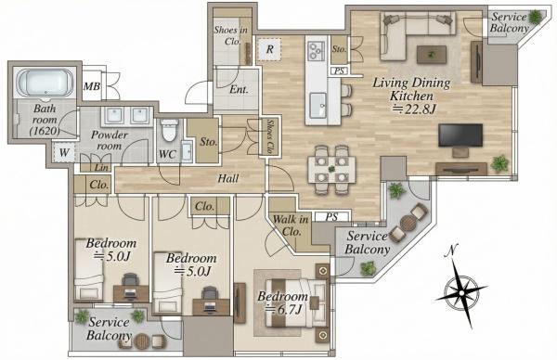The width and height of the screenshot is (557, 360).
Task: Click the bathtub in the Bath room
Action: [45, 83]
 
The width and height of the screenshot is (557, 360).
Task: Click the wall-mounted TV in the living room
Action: [460, 135]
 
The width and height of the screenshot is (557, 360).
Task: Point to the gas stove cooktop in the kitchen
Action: [316, 51]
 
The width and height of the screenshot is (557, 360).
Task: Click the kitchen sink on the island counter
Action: [317, 105]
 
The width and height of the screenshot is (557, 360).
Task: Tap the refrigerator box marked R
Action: [269, 49]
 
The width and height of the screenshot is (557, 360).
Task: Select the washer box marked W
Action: [64, 153]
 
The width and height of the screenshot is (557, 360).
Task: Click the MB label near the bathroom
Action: [92, 86]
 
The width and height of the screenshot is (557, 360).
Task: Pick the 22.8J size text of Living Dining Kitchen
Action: [413, 109]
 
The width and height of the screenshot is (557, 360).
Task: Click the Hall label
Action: [227, 178]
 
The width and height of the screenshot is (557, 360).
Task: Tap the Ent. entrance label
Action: [239, 89]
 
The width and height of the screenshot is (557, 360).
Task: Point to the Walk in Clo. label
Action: [291, 225]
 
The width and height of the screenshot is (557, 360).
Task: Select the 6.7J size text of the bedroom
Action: [284, 310]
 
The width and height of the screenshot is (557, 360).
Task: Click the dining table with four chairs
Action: [331, 170]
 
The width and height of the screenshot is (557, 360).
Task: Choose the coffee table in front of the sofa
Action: [432, 55]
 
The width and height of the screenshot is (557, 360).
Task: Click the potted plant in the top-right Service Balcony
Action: [535, 17]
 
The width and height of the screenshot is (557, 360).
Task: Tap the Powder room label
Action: [109, 140]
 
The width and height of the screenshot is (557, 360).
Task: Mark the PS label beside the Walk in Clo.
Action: [331, 216]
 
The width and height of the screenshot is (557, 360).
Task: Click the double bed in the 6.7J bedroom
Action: [296, 302]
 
